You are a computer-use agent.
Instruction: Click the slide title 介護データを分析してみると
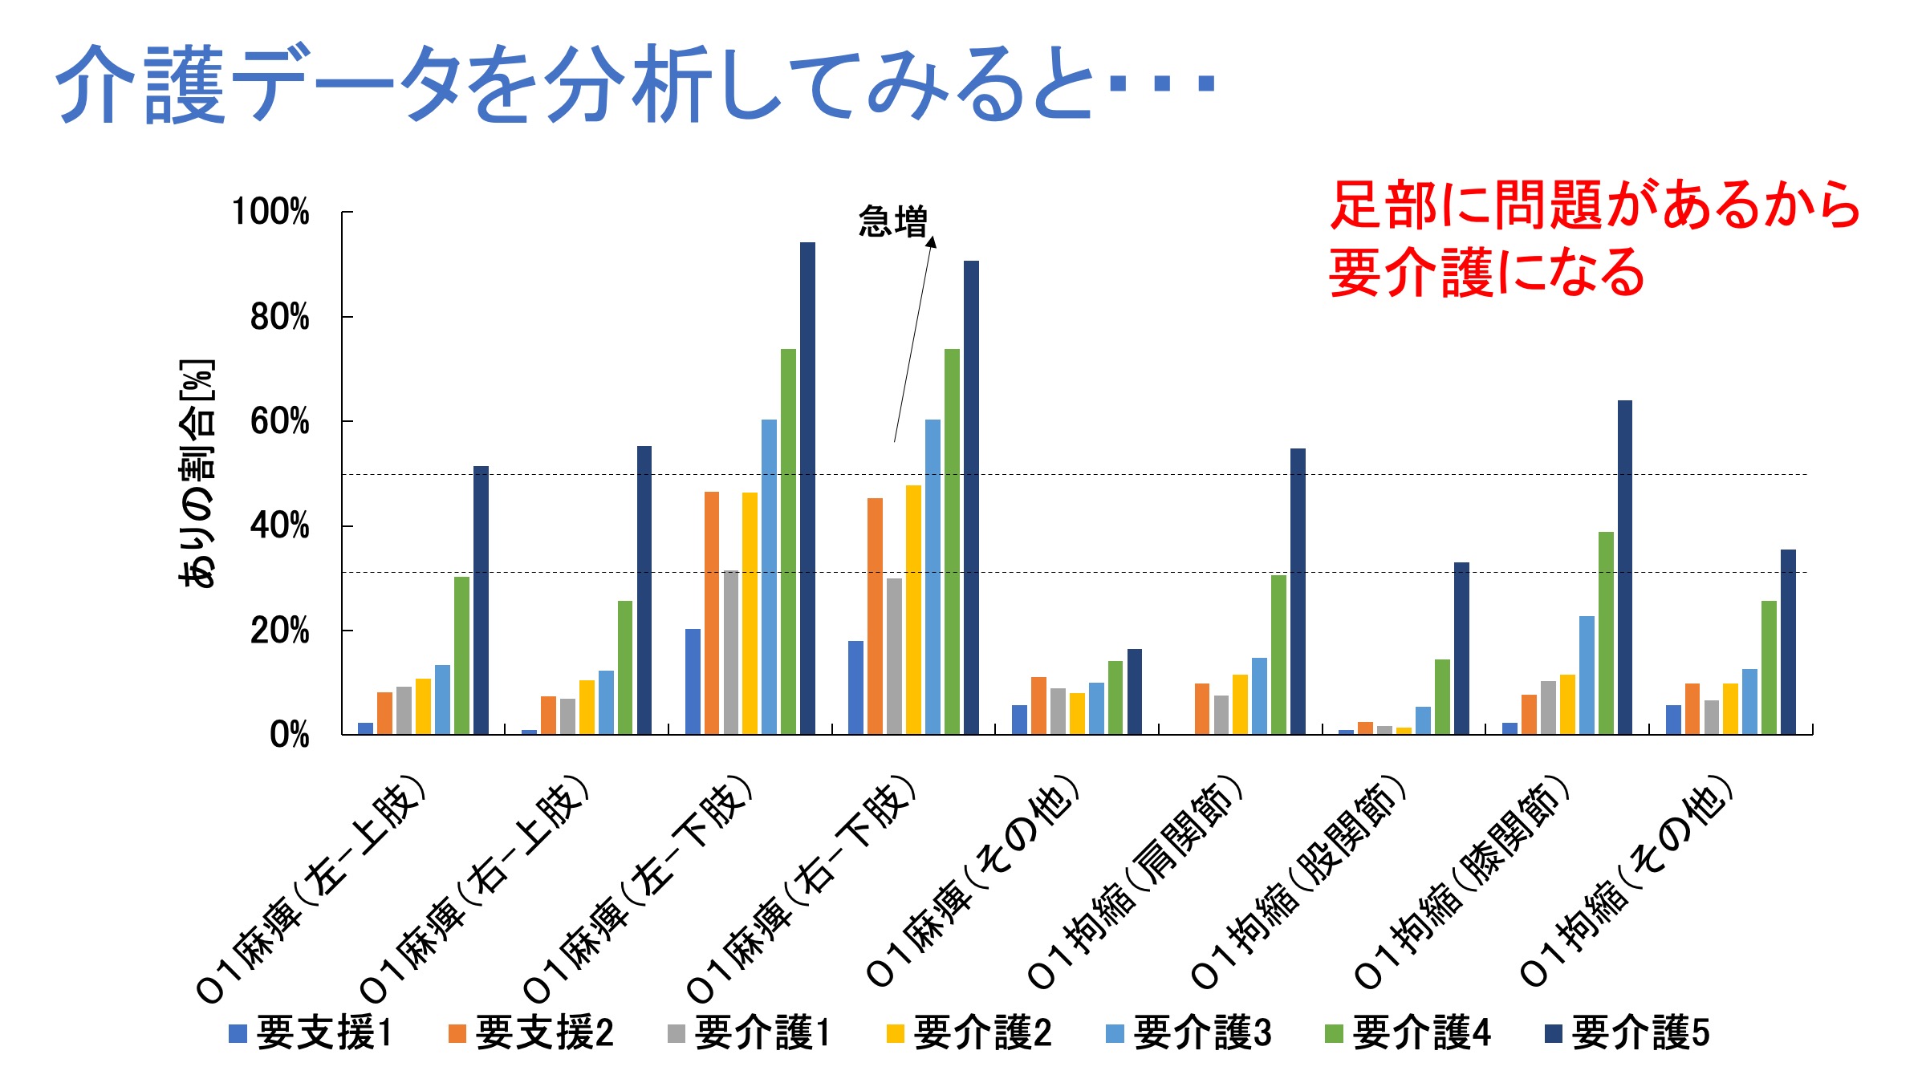tap(634, 84)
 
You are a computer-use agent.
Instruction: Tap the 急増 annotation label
tap(892, 221)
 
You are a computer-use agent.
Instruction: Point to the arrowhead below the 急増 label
tap(932, 241)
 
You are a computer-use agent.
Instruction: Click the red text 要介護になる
tap(1486, 273)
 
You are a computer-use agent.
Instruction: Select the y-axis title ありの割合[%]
tap(197, 473)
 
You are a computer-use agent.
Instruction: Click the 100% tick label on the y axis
tap(270, 213)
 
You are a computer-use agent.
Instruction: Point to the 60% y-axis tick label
tap(279, 422)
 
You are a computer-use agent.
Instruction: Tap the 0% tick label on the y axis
tap(289, 735)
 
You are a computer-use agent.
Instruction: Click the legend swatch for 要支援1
tap(238, 1033)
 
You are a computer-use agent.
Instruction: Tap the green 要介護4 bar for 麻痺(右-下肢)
tap(952, 541)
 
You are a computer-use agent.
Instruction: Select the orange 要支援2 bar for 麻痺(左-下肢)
tap(712, 613)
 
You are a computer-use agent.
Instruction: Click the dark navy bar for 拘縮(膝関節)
tap(1624, 567)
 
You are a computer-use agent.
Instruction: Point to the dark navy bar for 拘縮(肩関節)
tap(1298, 591)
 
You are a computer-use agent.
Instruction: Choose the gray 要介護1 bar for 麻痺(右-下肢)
tap(894, 656)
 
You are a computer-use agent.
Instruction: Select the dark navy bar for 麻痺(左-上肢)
tap(481, 600)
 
